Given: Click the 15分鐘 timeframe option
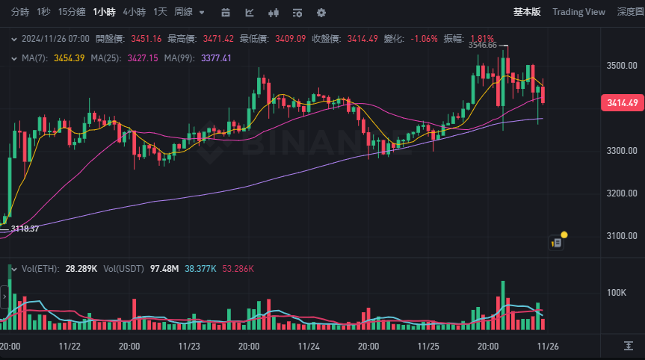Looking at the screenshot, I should tap(72, 12).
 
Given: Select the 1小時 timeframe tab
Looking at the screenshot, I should tap(104, 12).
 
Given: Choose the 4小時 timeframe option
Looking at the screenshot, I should tap(135, 12).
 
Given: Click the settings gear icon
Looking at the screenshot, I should tap(321, 13).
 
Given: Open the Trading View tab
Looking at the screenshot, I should tap(578, 12).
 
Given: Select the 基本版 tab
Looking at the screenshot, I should tap(528, 12).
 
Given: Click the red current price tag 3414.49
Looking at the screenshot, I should tap(622, 103).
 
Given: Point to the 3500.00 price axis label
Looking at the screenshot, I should tap(622, 66).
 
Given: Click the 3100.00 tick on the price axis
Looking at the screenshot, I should tap(622, 236).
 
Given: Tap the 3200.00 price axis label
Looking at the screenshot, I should tap(622, 193).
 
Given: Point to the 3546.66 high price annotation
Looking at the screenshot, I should tap(482, 45).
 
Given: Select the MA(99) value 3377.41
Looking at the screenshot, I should tap(217, 58).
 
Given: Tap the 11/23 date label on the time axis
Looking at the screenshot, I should tap(189, 347).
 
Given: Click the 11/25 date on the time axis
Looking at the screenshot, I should tap(428, 347).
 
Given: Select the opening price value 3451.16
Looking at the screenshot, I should tap(146, 38).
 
